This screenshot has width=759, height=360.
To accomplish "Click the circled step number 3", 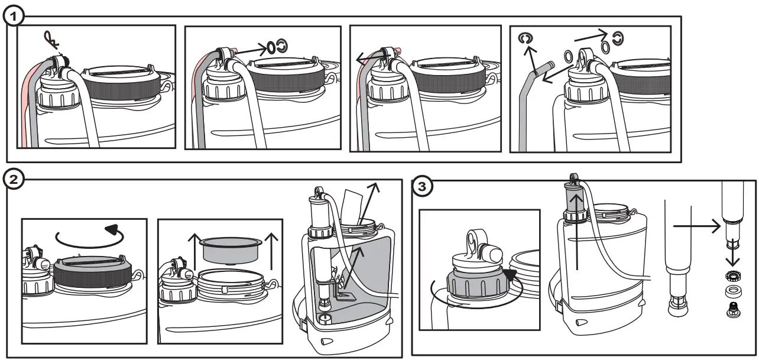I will point(421,187).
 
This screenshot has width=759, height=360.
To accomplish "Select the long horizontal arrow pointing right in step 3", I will point(696,225).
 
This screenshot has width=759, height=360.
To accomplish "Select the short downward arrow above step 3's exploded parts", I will point(731,256).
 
